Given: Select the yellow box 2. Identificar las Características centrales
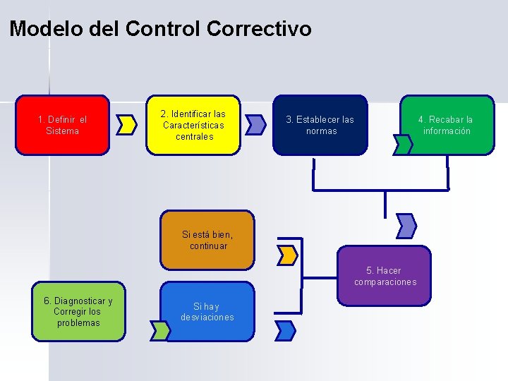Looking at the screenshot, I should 193,125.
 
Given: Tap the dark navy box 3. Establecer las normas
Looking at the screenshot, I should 320,125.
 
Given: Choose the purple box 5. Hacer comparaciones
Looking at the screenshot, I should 385,276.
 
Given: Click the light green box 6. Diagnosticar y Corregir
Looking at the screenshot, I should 78,312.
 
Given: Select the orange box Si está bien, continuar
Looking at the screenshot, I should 207,241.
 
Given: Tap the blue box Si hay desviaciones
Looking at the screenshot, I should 207,312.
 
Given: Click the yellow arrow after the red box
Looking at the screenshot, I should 127,125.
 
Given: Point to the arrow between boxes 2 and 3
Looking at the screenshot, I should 256,125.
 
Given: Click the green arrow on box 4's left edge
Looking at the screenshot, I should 403,145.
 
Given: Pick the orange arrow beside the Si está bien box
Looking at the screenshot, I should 287,255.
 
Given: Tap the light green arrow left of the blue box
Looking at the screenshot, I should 159,329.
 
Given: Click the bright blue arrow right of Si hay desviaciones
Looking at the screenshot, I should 285,329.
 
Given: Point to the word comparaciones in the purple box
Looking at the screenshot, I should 385,282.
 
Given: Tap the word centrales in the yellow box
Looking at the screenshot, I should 194,136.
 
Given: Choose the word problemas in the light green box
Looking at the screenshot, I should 78,323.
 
